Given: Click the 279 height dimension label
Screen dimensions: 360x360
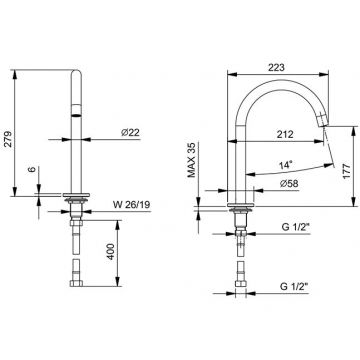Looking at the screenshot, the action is [x=9, y=139].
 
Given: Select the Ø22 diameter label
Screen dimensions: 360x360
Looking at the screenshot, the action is [x=130, y=133].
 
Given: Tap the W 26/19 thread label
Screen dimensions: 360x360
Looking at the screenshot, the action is [x=131, y=205].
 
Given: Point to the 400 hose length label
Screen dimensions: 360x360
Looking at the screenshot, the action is [x=111, y=252].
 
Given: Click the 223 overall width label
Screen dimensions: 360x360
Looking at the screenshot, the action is [x=276, y=67].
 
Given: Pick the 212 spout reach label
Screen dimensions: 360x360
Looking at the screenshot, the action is [x=285, y=134].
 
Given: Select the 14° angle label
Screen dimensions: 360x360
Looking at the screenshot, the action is [x=286, y=164].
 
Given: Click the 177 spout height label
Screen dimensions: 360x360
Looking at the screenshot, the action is [x=347, y=172].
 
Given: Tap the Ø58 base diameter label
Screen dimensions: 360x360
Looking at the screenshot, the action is [x=289, y=183].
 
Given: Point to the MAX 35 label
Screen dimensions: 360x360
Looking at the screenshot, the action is [x=191, y=157].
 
